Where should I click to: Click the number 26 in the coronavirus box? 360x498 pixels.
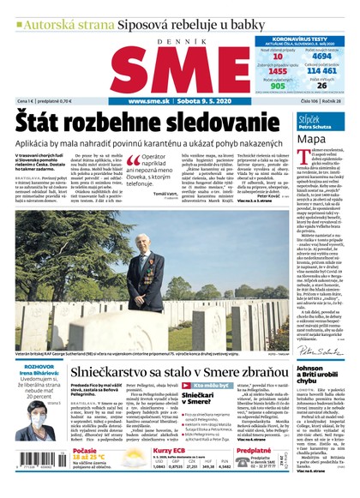coord(321,86)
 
